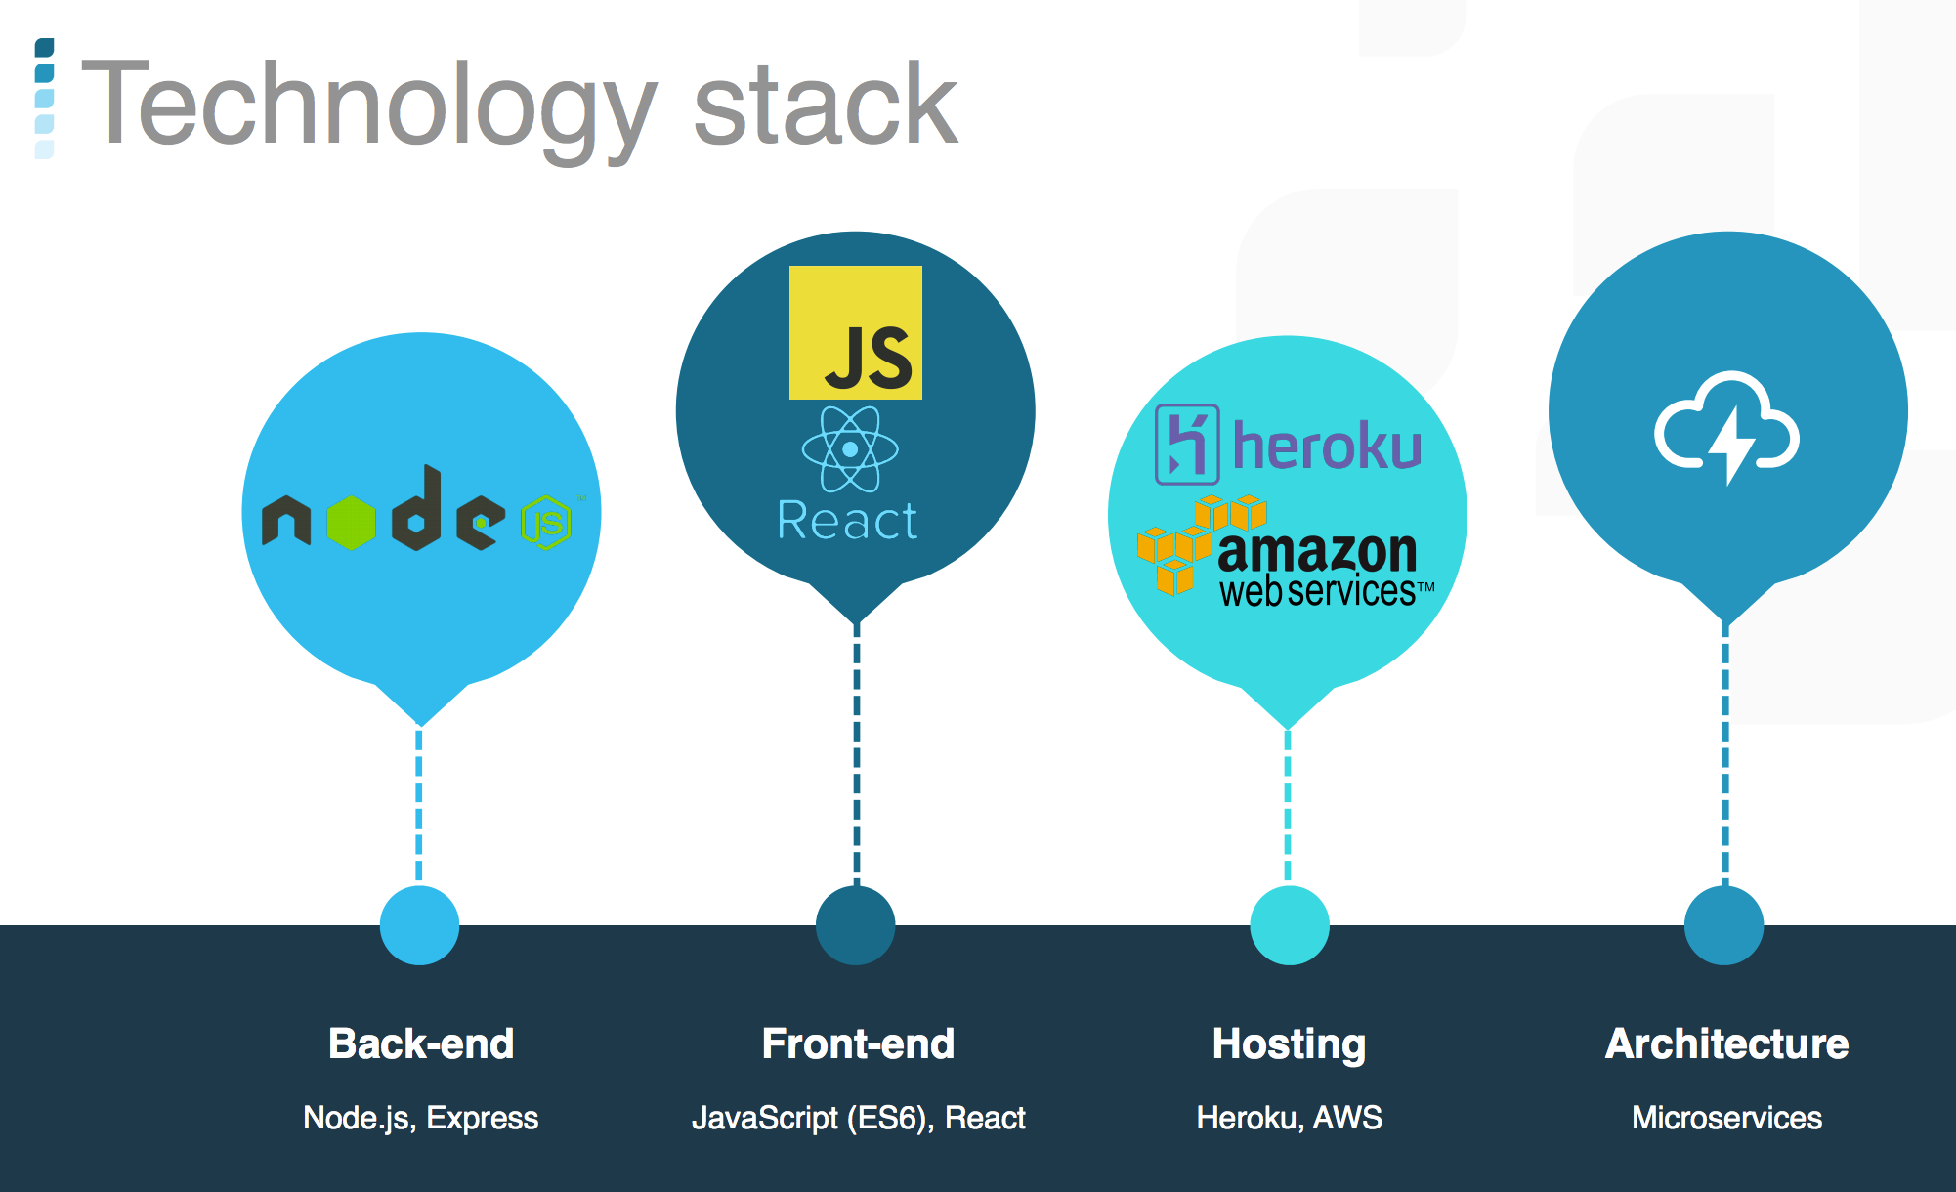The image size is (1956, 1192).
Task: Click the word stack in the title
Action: pos(826,103)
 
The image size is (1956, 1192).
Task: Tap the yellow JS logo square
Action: pos(856,332)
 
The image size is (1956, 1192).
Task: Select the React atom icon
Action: pos(850,449)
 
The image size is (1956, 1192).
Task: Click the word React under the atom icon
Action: pos(847,520)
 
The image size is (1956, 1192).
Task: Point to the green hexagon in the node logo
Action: pos(352,523)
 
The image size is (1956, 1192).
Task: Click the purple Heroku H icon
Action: pos(1187,445)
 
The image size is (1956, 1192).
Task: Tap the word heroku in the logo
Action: pos(1327,446)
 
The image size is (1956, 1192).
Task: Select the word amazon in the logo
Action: pos(1317,553)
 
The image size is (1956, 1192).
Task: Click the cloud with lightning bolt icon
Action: pos(1726,427)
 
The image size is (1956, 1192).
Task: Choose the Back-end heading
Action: pos(421,1043)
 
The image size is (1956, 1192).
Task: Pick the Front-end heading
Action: pos(858,1043)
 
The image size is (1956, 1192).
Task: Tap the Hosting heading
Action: pos(1289,1044)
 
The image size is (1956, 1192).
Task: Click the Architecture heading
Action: pos(1726,1043)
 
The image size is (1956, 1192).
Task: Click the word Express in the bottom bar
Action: pos(483,1118)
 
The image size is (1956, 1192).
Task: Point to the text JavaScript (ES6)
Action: pos(813,1118)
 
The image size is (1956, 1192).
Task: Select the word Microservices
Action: pos(1726,1118)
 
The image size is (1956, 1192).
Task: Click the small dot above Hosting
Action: pos(1290,925)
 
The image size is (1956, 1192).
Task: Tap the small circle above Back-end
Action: pos(419,925)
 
